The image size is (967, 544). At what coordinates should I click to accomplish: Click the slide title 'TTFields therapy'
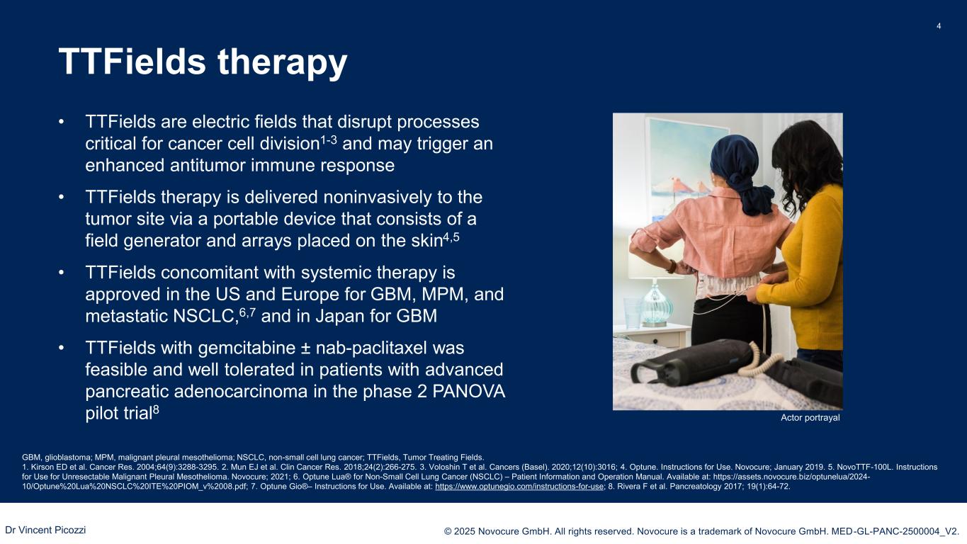(x=203, y=62)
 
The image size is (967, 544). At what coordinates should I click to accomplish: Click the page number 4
(x=939, y=26)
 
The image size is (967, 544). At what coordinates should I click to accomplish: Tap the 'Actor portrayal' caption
(x=810, y=417)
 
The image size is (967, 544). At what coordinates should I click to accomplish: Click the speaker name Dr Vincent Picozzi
(x=45, y=530)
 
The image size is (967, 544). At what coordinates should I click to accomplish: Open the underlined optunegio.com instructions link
(x=519, y=487)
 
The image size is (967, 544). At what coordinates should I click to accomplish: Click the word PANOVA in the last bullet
(x=468, y=391)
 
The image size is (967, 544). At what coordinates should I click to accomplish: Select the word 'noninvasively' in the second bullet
(x=378, y=198)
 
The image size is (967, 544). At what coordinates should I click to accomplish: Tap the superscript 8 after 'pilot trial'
(x=156, y=409)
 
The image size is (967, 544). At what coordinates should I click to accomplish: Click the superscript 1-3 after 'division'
(x=329, y=140)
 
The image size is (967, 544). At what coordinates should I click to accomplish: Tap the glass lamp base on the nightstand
(x=655, y=305)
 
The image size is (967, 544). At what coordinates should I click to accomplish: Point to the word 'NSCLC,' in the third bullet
(x=205, y=316)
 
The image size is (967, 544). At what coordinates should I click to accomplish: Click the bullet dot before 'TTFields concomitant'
(x=62, y=273)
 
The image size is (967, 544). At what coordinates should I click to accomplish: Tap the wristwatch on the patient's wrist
(x=672, y=266)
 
